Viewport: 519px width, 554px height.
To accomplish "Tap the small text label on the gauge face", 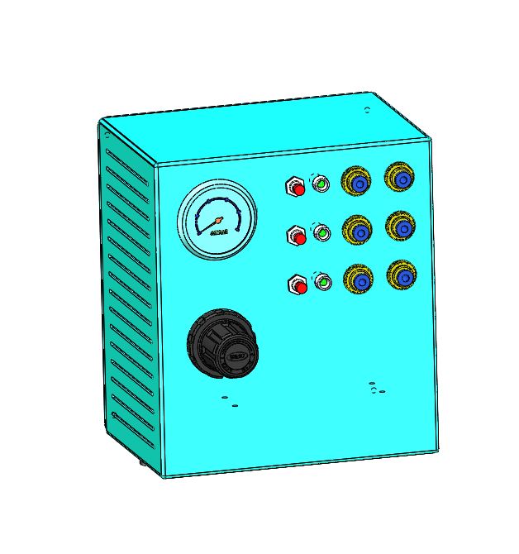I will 219,234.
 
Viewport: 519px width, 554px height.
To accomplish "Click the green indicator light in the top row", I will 321,184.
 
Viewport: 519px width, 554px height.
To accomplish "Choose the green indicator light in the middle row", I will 322,234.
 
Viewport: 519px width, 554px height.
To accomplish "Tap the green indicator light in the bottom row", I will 323,283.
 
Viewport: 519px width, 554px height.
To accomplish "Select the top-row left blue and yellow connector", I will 358,183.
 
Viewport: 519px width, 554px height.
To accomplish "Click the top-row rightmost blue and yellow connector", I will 401,179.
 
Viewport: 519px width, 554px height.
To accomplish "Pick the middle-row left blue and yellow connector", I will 359,230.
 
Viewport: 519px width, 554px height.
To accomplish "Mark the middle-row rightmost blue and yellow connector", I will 402,227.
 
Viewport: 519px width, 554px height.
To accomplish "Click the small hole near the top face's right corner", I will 368,109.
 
